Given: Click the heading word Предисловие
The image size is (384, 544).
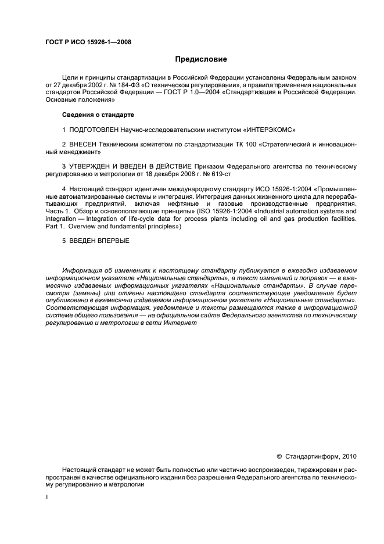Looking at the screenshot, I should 200,59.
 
